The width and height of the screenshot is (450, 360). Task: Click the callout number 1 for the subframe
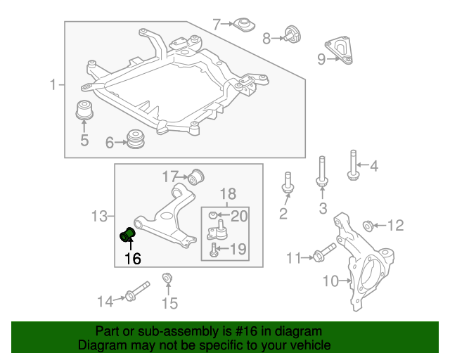tap(53, 86)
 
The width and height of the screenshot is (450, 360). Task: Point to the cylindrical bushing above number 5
tap(84, 110)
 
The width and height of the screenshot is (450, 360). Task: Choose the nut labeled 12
tap(366, 226)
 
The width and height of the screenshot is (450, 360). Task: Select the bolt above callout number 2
tap(287, 182)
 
